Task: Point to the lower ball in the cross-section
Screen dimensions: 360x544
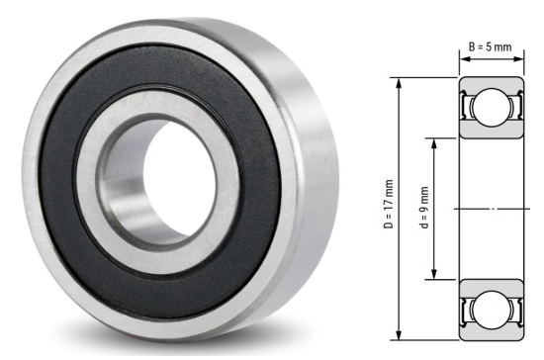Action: pyautogui.click(x=487, y=310)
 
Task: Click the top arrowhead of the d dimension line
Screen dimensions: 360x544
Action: pyautogui.click(x=433, y=141)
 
